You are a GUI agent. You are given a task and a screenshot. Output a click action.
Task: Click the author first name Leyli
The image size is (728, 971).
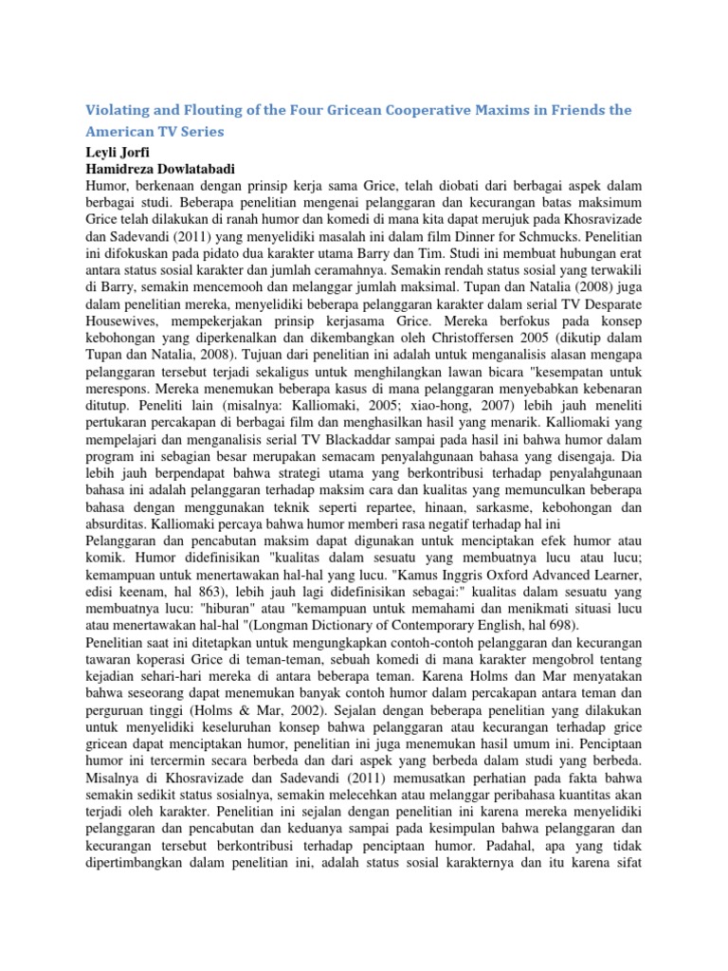tap(101, 152)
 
